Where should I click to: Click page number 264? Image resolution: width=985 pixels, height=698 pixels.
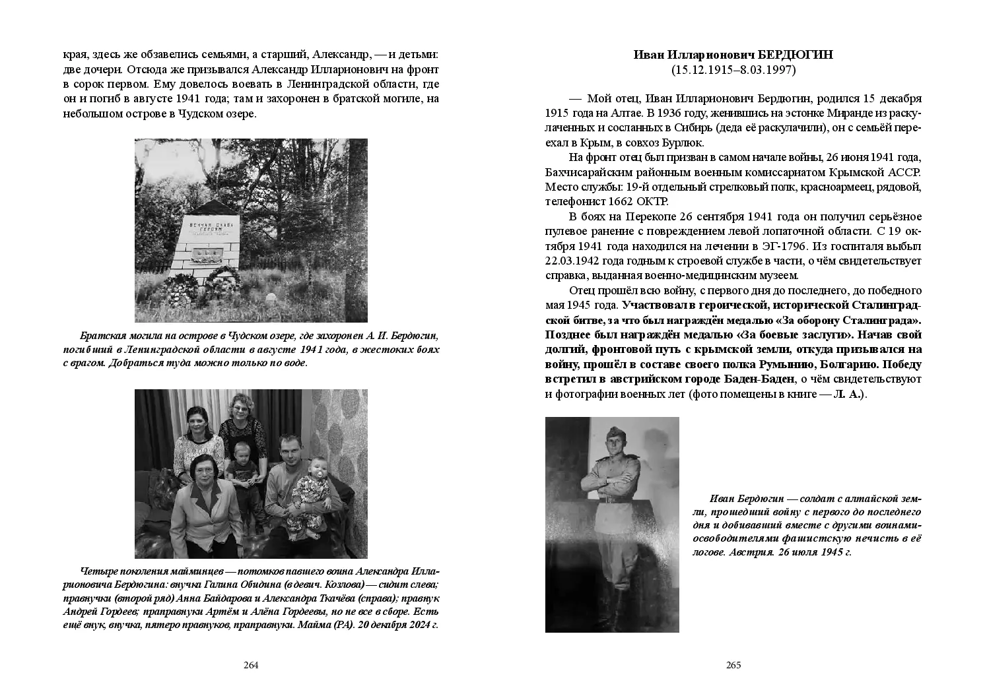point(251,665)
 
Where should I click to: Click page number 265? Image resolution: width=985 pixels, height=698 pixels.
point(733,665)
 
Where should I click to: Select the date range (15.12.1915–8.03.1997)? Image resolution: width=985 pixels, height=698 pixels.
point(733,69)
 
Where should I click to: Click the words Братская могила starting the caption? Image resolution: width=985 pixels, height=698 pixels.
point(112,336)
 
